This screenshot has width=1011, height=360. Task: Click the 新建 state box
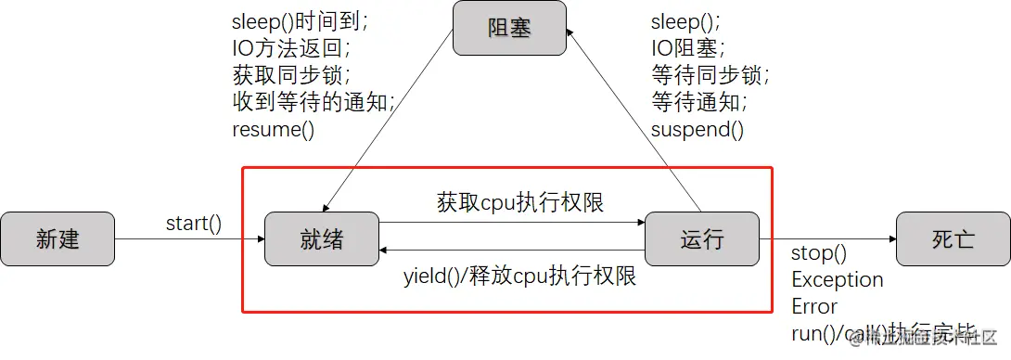click(58, 239)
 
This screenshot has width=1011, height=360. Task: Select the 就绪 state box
click(322, 239)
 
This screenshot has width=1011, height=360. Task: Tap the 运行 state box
click(701, 239)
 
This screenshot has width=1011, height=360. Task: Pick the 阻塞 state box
click(509, 29)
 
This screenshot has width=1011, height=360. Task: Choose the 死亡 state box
click(953, 239)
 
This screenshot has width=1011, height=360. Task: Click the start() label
click(194, 223)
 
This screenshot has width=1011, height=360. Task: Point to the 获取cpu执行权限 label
click(519, 202)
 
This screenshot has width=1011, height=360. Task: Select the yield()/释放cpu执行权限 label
click(519, 276)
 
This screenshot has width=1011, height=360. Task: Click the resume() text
click(274, 129)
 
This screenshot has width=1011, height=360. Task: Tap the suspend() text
click(697, 129)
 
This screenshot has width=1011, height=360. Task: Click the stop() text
click(819, 253)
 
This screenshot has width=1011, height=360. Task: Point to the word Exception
click(837, 279)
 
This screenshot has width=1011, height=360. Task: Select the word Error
click(814, 306)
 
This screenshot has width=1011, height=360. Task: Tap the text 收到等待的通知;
click(314, 102)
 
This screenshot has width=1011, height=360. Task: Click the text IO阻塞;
click(688, 47)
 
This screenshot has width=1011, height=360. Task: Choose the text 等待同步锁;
click(710, 75)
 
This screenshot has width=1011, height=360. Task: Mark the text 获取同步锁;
click(285, 75)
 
